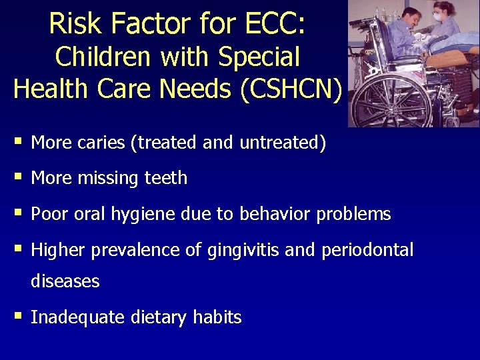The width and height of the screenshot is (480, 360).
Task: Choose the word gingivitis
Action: pyautogui.click(x=245, y=251)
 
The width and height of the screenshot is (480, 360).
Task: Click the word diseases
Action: pyautogui.click(x=65, y=281)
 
